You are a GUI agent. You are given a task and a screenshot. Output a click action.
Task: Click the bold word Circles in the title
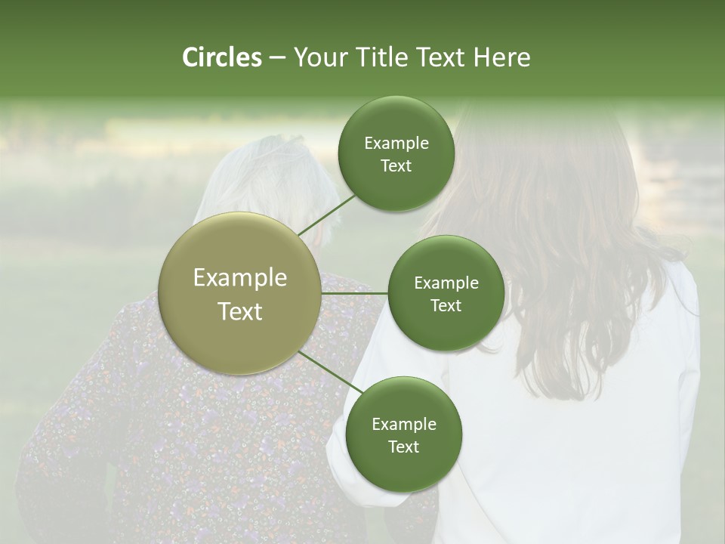pyautogui.click(x=221, y=57)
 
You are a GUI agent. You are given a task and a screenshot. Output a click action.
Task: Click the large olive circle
pyautogui.click(x=240, y=293)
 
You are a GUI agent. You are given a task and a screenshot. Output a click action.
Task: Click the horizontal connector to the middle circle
pyautogui.click(x=355, y=293)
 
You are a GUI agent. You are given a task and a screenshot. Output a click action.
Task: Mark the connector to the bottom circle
pyautogui.click(x=330, y=372)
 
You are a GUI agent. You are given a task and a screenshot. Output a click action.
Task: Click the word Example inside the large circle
pyautogui.click(x=240, y=278)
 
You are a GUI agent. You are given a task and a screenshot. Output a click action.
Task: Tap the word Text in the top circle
pyautogui.click(x=396, y=166)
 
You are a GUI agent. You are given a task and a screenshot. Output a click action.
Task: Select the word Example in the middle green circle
pyautogui.click(x=446, y=283)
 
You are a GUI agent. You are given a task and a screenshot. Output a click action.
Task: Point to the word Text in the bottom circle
pyautogui.click(x=403, y=447)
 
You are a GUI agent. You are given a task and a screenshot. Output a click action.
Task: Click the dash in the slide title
pyautogui.click(x=277, y=57)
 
